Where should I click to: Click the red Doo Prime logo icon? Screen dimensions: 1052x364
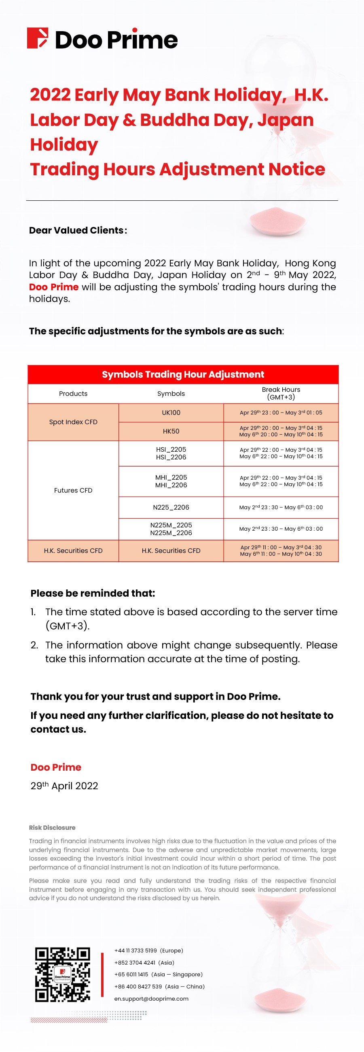38,38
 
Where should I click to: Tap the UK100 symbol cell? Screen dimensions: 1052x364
171,412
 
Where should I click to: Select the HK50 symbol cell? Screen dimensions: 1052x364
171,431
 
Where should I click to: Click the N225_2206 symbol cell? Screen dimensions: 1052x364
171,507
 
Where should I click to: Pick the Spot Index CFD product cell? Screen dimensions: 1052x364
73,422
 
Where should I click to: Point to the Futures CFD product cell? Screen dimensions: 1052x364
73,490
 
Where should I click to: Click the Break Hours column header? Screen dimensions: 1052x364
281,393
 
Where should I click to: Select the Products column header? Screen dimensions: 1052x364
73,394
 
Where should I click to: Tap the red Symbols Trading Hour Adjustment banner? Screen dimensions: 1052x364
183,374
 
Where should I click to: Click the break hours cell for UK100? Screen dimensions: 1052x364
281,412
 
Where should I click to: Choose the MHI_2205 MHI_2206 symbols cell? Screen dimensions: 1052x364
171,481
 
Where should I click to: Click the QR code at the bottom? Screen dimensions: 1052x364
62,974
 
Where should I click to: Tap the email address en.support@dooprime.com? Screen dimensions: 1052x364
151,999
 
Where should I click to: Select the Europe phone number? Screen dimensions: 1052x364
148,951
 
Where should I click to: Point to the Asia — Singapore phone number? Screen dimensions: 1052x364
158,974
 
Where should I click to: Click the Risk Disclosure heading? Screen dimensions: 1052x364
52,827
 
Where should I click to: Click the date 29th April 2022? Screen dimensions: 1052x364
64,786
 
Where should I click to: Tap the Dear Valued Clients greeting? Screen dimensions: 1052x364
78,230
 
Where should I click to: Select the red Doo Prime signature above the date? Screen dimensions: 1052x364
56,767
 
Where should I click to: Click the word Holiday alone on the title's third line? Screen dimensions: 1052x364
64,145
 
